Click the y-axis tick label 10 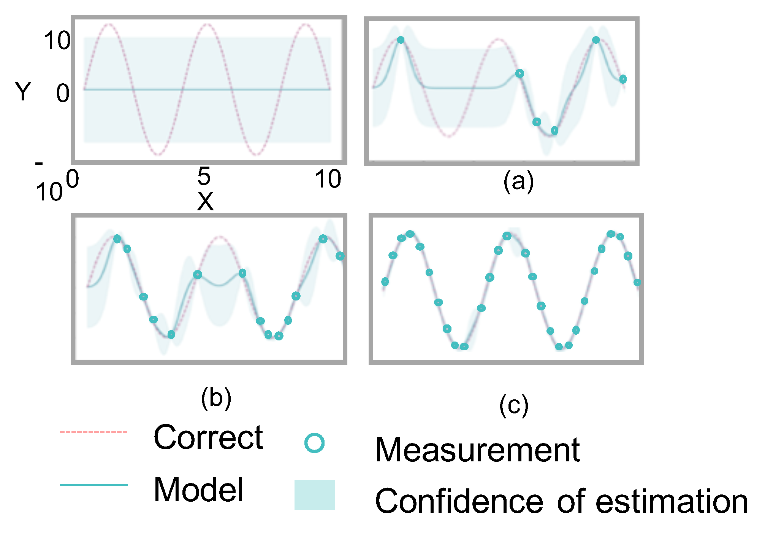point(57,41)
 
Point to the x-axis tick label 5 point(204,176)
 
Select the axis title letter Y point(23,92)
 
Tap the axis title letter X point(205,201)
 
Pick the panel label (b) point(216,398)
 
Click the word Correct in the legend point(208,437)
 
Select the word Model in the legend point(198,490)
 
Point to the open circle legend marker point(314,443)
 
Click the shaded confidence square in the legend point(314,495)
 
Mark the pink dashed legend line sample point(93,432)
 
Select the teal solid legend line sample point(93,485)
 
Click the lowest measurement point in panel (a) point(554,131)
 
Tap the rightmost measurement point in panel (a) point(623,79)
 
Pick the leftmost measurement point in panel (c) point(385,282)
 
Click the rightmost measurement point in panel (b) point(340,256)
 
